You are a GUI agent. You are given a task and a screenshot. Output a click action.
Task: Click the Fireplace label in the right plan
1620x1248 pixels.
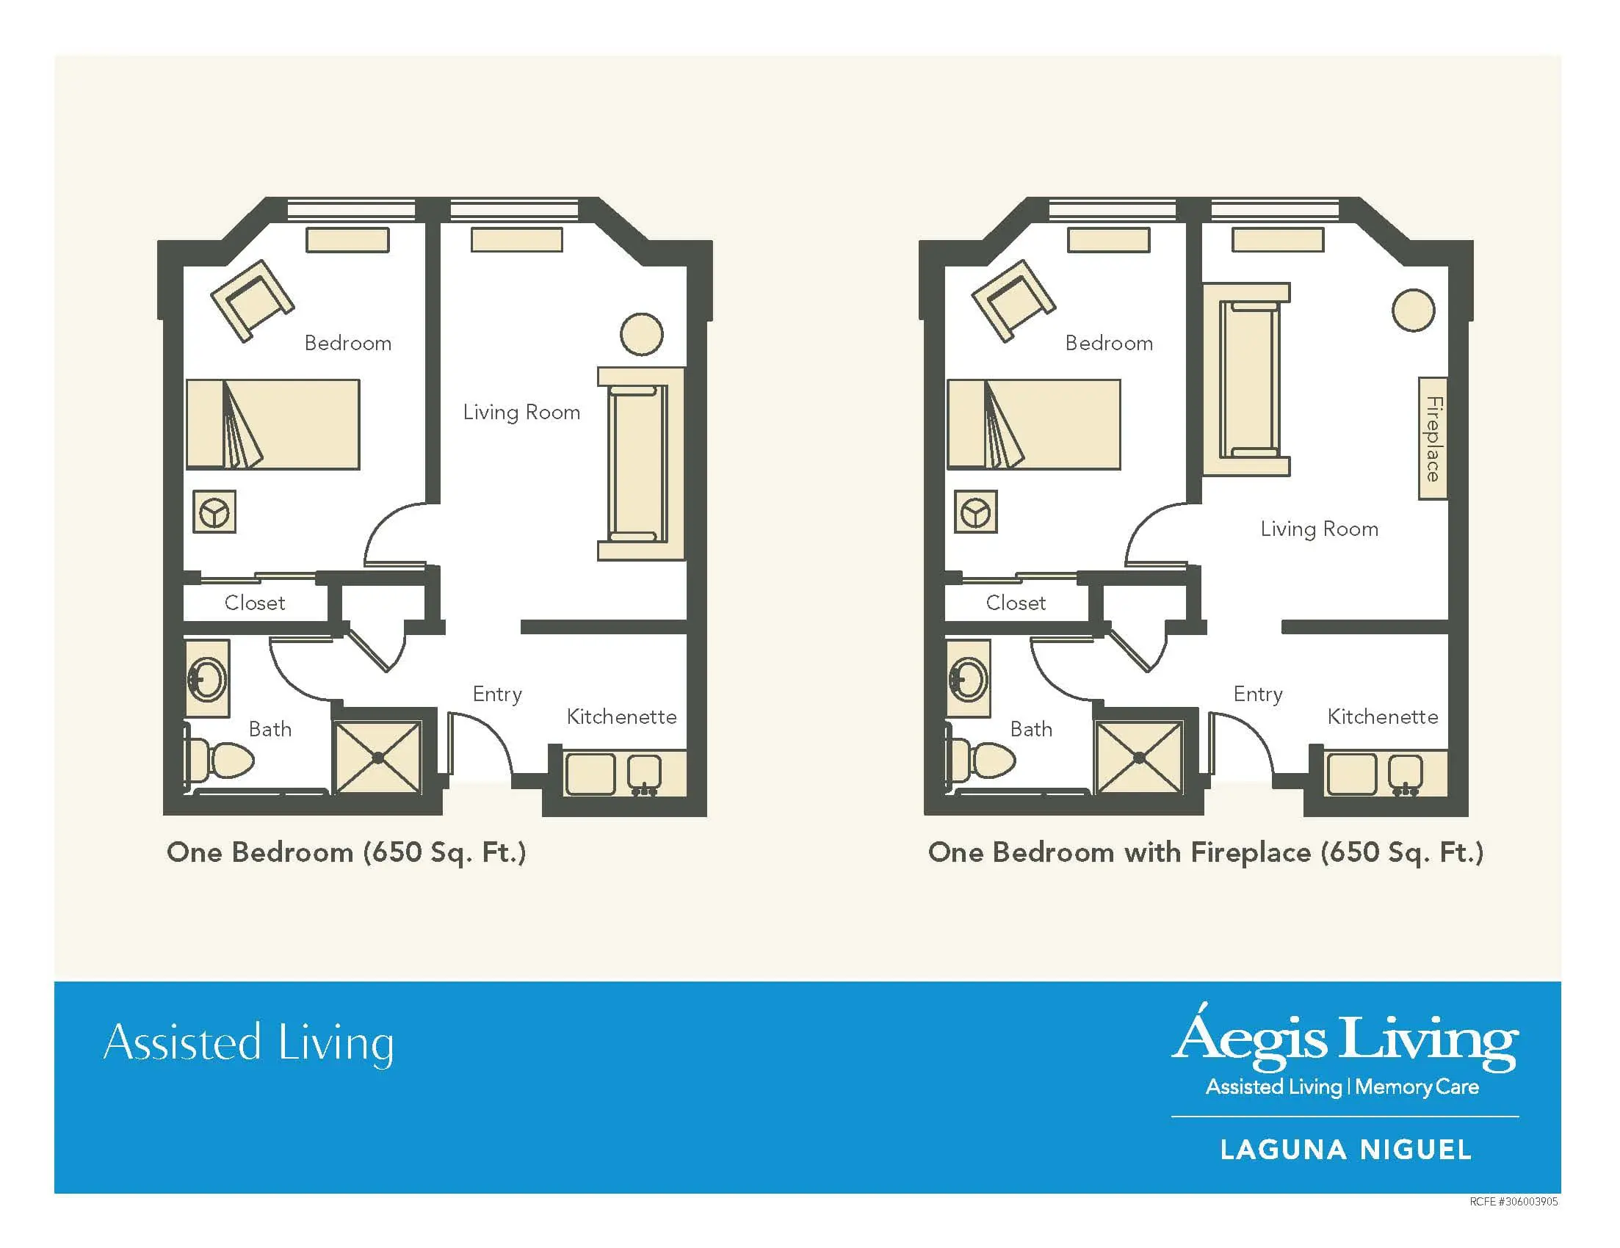pos(1433,439)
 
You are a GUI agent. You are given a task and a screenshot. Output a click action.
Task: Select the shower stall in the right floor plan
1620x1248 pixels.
pos(1139,757)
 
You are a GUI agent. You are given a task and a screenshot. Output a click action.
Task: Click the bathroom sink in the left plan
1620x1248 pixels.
pos(207,678)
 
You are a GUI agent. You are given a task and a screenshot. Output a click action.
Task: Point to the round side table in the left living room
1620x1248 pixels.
pos(642,335)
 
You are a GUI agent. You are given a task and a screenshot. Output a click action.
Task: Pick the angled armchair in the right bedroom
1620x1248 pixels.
pos(1013,300)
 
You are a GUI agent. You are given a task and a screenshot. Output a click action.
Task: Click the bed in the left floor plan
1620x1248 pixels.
pos(273,424)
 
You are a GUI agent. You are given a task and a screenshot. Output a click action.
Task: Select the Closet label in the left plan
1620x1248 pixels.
pos(254,603)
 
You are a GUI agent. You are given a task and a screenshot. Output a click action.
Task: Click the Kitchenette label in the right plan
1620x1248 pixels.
pos(1383,717)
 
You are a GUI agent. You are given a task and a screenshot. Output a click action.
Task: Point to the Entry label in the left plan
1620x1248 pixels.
pos(497,694)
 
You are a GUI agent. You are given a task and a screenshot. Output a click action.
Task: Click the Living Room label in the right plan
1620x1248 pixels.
pos(1320,529)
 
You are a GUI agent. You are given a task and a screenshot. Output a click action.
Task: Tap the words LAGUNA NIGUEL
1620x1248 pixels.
pos(1345,1150)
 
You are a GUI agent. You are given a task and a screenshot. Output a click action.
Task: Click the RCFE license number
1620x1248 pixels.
pos(1514,1201)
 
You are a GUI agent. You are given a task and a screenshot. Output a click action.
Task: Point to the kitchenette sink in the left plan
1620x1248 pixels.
pos(644,774)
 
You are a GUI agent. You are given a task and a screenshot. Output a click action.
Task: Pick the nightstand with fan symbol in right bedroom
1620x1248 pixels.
pos(975,512)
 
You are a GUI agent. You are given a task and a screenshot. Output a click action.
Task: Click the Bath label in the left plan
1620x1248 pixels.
pos(270,730)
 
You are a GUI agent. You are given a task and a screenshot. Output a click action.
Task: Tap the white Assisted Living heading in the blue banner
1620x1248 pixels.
pos(248,1043)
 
